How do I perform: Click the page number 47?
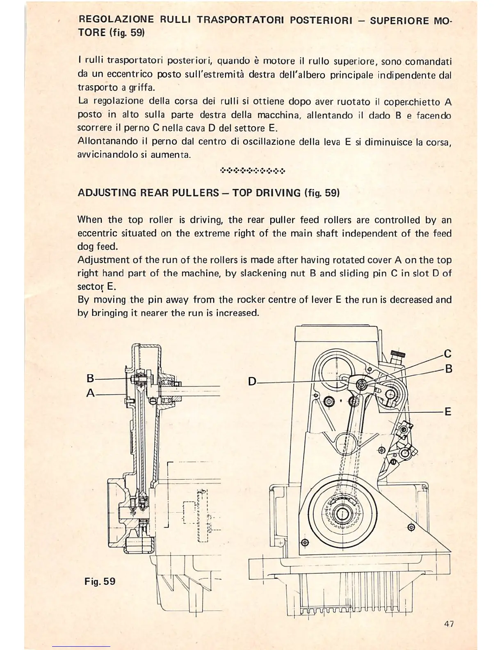(x=449, y=624)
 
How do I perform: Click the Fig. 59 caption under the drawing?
(x=100, y=581)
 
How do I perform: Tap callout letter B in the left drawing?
(x=91, y=378)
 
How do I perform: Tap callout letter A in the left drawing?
(x=91, y=393)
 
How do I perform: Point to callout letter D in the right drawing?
(x=252, y=382)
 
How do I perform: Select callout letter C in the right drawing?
(x=447, y=353)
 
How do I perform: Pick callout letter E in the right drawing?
(x=448, y=411)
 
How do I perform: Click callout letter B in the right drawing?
(x=448, y=369)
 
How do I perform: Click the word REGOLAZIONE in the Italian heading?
(x=116, y=19)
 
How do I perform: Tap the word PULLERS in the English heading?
(x=198, y=193)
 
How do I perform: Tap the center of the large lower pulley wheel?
(x=340, y=514)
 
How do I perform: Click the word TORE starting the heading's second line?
(x=91, y=33)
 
